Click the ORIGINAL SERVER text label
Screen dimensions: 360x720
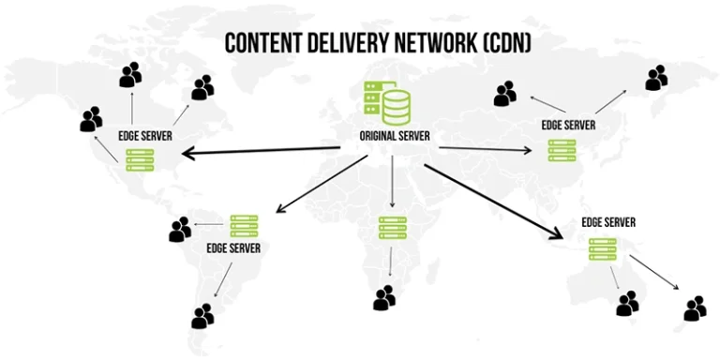tap(395, 136)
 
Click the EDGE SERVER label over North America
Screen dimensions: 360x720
tap(145, 135)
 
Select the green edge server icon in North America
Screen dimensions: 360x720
tap(140, 159)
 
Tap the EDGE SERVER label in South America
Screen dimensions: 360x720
tap(233, 248)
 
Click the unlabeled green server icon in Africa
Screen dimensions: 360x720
tap(393, 227)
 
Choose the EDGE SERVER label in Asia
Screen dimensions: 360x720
tap(568, 125)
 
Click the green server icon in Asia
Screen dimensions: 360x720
tap(562, 150)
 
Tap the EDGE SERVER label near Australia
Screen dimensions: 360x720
tap(608, 222)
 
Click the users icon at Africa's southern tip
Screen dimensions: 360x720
tap(384, 298)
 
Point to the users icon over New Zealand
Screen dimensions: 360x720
tap(695, 307)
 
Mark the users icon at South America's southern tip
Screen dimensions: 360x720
tap(202, 317)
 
